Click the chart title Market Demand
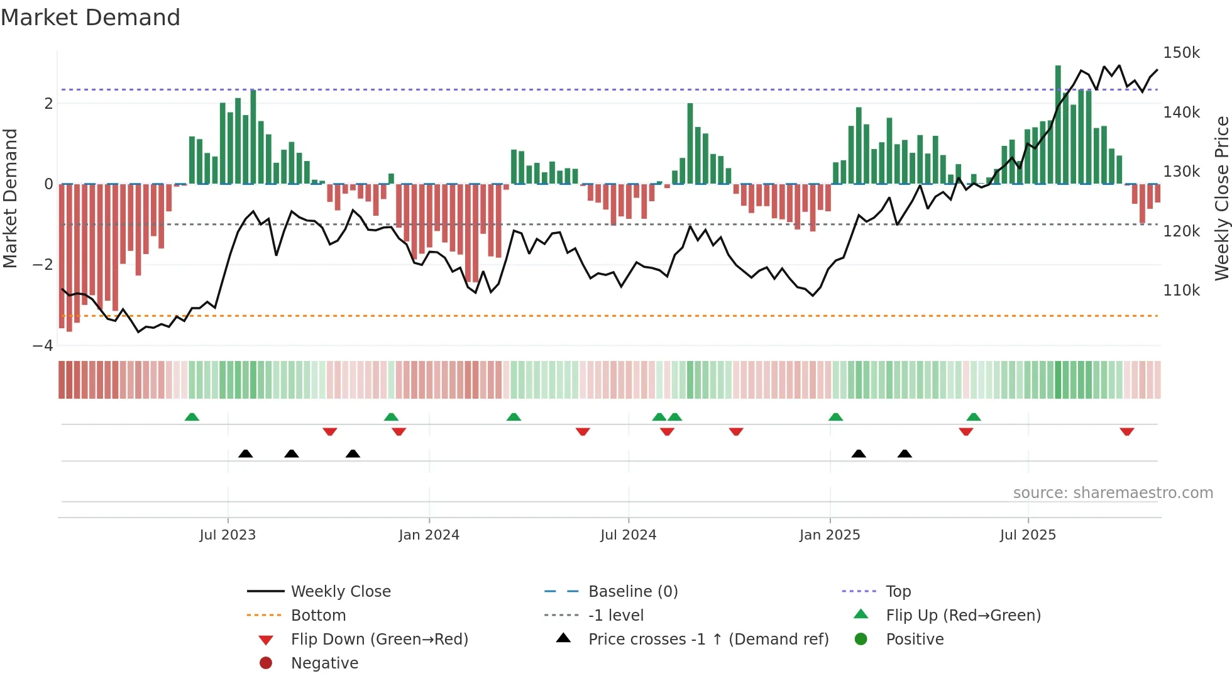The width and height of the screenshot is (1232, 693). (x=91, y=18)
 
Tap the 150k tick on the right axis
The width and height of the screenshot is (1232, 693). (x=1181, y=53)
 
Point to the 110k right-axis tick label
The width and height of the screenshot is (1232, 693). (x=1181, y=291)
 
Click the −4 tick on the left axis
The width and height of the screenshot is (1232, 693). (x=43, y=345)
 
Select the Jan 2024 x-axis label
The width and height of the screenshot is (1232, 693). (x=429, y=535)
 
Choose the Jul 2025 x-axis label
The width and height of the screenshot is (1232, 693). (x=1028, y=535)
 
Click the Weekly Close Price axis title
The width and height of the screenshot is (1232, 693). (x=1221, y=198)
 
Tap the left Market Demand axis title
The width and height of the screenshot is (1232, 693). (x=10, y=198)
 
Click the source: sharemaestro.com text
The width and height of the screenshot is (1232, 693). (x=1113, y=493)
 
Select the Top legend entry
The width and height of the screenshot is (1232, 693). (x=898, y=592)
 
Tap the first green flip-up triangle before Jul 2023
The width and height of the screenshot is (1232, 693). (x=192, y=417)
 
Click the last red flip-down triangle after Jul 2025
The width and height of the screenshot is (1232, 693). (x=1126, y=431)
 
